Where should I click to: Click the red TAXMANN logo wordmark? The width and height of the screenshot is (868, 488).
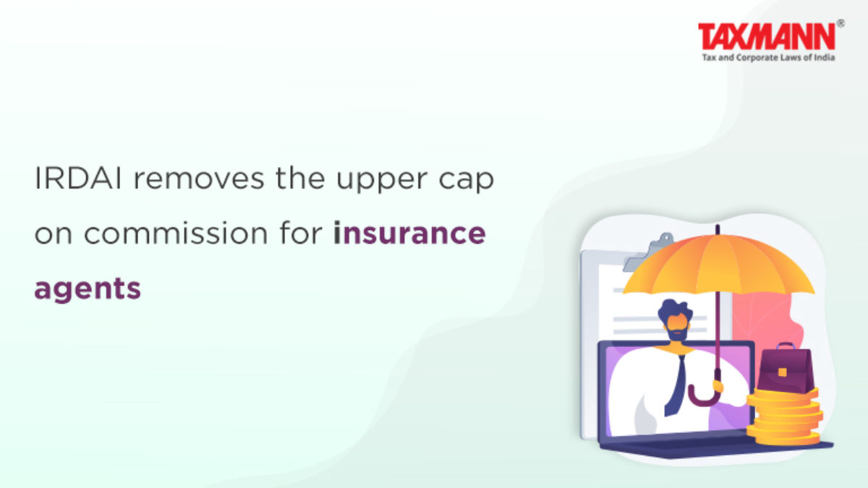767,36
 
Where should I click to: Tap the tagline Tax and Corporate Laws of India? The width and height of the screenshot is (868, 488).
768,58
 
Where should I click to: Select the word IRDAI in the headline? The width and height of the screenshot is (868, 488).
78,179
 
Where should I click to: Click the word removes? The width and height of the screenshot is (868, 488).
199,179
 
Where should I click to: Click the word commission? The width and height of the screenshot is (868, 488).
176,234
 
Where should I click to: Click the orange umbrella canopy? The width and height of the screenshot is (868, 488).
720,264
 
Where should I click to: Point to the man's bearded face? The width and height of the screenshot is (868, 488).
677,327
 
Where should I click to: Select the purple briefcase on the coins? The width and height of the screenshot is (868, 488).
785,369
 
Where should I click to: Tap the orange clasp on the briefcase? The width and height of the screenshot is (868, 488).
783,372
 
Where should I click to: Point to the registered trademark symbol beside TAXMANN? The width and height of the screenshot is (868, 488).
841,23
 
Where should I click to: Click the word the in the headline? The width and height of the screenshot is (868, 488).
300,179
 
